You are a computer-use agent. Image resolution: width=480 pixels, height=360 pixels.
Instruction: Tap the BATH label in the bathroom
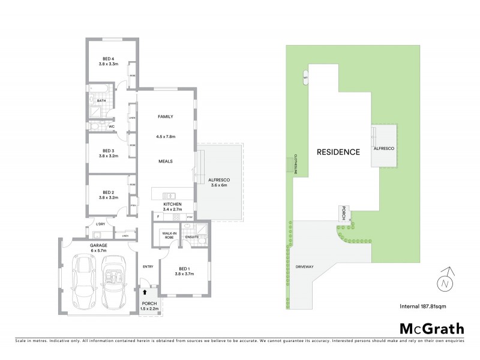coord(101,100)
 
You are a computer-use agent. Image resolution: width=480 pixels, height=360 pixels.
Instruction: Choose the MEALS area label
coord(166,161)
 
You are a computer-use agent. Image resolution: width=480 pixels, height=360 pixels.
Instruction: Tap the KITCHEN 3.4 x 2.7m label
coord(172,207)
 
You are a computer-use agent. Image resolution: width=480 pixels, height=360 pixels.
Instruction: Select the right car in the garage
coord(114,281)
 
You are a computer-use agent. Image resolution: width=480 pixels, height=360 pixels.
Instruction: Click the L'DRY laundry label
coord(101,224)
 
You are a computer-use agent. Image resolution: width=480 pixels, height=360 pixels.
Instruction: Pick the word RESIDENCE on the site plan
coord(339,152)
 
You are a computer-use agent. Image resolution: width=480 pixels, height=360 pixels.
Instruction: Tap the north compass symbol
coord(445,280)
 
